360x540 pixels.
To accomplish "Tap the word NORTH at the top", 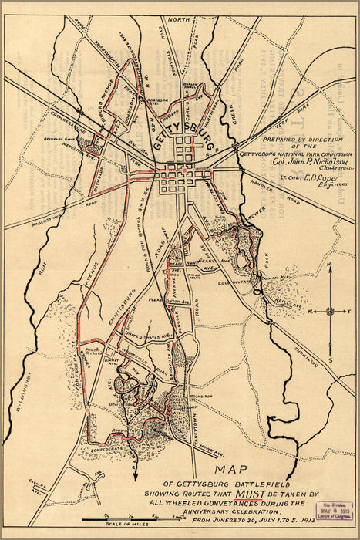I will [x=179, y=19].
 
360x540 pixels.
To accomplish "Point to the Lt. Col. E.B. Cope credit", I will [x=296, y=179].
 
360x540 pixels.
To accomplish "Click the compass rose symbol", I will [x=329, y=311].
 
